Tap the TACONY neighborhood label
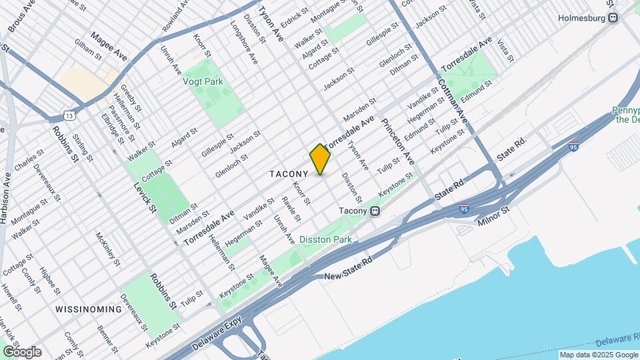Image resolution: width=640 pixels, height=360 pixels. pyautogui.click(x=289, y=174)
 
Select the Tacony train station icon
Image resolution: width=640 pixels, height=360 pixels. pyautogui.click(x=375, y=211)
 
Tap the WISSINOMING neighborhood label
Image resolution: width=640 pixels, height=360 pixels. pyautogui.click(x=89, y=309)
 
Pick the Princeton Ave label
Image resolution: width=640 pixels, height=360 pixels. pyautogui.click(x=398, y=141)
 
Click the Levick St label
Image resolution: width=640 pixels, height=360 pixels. pyautogui.click(x=145, y=197)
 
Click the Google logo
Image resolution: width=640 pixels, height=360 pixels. pyautogui.click(x=22, y=352)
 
